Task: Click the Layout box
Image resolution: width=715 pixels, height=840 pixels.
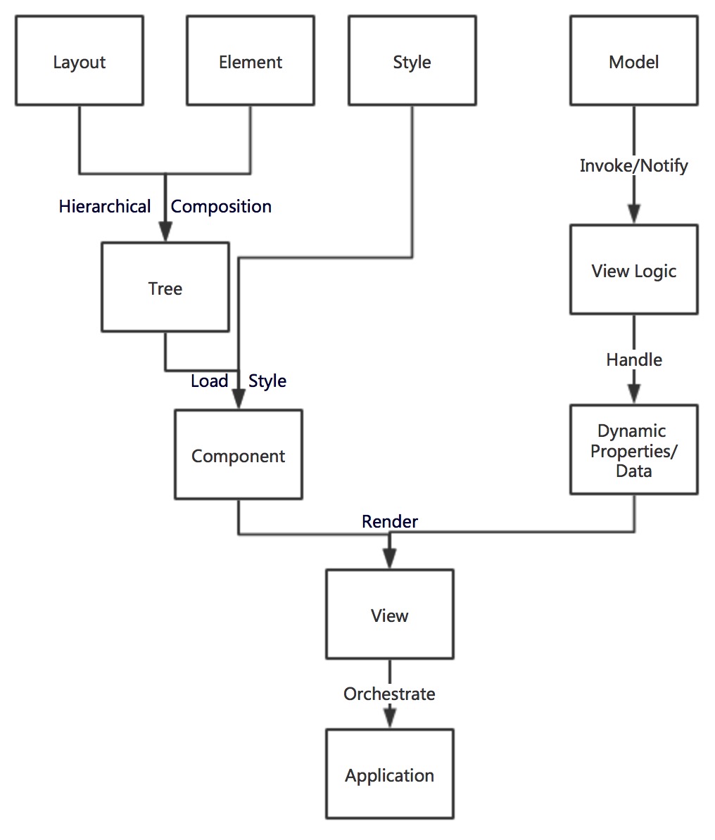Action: (80, 61)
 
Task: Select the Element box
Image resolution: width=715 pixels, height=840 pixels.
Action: (251, 61)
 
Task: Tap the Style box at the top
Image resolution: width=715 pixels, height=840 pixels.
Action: (412, 61)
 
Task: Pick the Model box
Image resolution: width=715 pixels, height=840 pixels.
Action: (633, 61)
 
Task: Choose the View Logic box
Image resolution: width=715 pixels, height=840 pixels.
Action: (633, 270)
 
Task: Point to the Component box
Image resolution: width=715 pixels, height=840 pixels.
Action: (238, 455)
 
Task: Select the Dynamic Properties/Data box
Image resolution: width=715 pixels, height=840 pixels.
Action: (633, 450)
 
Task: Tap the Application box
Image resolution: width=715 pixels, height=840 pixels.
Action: (389, 775)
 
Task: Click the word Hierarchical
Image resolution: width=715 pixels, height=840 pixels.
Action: (105, 206)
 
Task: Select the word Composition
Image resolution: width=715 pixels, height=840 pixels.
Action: (221, 206)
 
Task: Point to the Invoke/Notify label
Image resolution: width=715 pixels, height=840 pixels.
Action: (633, 165)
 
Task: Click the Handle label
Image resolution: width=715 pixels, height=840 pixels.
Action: (633, 359)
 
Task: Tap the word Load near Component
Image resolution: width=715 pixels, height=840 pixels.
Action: (209, 381)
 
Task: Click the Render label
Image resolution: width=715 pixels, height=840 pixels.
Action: (389, 521)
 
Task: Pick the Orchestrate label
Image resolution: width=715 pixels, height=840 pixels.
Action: (389, 694)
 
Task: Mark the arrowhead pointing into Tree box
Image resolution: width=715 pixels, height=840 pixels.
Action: (165, 232)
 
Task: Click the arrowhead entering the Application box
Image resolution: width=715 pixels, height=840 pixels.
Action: (389, 718)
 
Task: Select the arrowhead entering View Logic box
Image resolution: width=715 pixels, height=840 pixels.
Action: (633, 214)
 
